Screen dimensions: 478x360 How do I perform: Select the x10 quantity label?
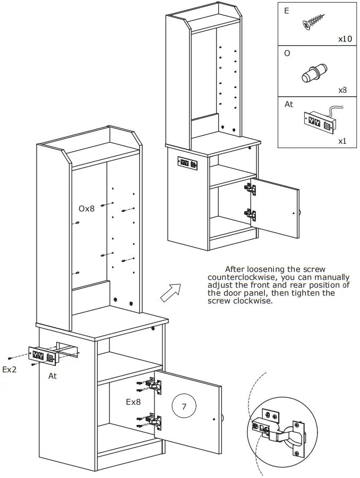click(x=346, y=39)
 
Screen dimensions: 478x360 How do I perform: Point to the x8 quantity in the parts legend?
click(x=342, y=90)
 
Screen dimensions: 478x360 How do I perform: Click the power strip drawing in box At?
click(x=319, y=120)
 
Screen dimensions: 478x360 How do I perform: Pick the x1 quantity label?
click(x=343, y=142)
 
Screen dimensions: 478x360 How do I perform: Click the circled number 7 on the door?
click(x=184, y=407)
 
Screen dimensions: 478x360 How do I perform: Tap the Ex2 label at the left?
click(x=10, y=370)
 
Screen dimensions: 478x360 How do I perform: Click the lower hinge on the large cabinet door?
click(x=153, y=422)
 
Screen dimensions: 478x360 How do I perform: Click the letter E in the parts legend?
click(x=287, y=11)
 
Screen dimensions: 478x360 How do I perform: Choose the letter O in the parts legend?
click(x=287, y=54)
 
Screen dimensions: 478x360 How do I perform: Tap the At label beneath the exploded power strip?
click(x=53, y=375)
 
